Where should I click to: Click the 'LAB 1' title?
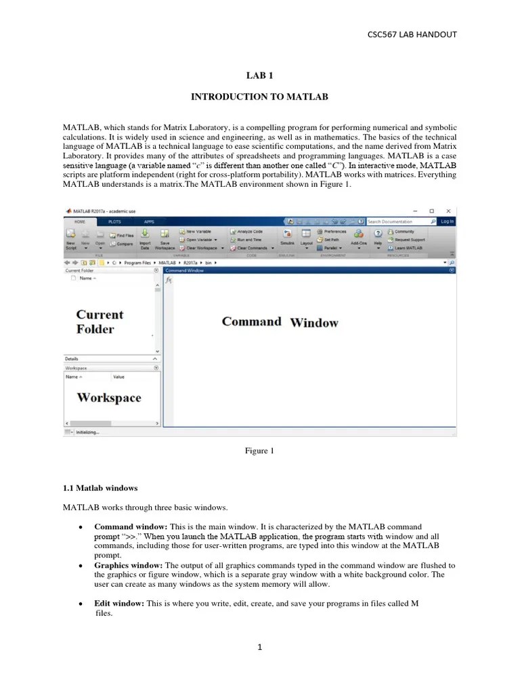pos(259,79)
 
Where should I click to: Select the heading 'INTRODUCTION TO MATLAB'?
pos(259,97)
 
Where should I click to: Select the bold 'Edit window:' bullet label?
pos(119,604)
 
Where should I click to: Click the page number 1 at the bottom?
pos(259,647)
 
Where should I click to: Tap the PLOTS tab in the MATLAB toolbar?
pos(114,221)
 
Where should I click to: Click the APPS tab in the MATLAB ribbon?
pos(149,221)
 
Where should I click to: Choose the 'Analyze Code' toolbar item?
pos(249,231)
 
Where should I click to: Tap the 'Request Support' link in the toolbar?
pos(409,240)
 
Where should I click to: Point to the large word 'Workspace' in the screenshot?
pos(109,398)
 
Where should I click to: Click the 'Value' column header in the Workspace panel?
pos(118,376)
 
